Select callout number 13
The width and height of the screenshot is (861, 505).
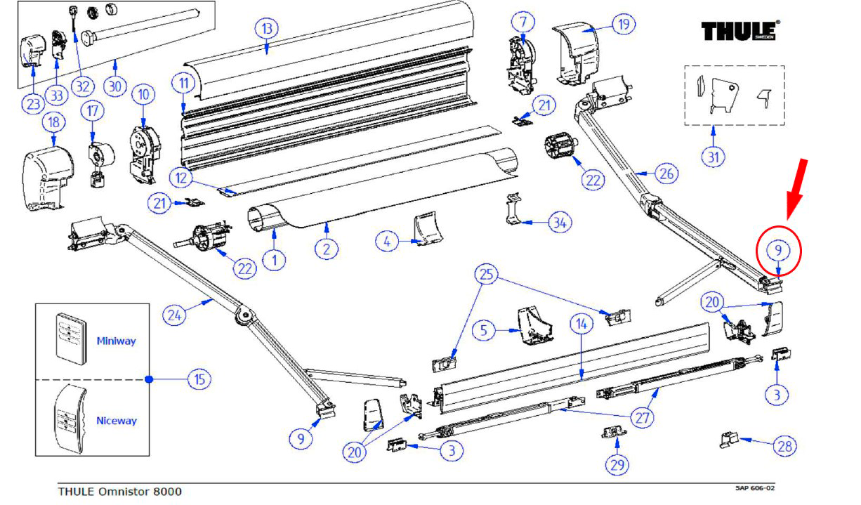(x=266, y=29)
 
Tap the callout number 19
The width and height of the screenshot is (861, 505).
(x=623, y=25)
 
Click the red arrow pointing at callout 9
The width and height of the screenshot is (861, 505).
(x=796, y=190)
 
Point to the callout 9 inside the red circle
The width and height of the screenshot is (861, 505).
(x=777, y=249)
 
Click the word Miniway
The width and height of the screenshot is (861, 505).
(x=116, y=341)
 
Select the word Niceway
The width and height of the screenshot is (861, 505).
(x=117, y=421)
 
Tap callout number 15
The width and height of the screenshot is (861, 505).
(x=200, y=379)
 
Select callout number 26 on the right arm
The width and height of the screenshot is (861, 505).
(x=666, y=172)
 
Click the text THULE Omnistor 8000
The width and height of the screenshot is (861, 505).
(x=119, y=492)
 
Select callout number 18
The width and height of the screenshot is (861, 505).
(x=54, y=122)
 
